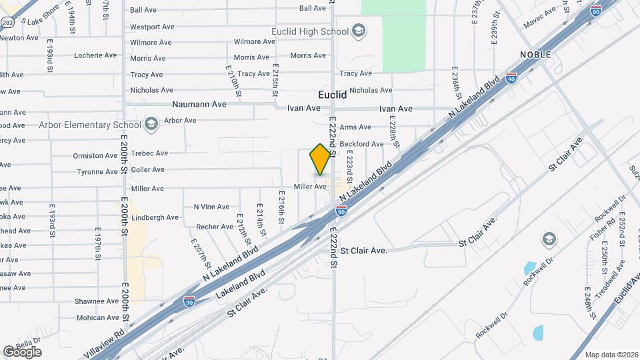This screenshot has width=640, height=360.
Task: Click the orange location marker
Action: [321, 159]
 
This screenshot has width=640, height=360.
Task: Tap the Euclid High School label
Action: [310, 31]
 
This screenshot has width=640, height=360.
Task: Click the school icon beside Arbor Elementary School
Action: [151, 124]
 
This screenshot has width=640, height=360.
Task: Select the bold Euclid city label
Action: [332, 95]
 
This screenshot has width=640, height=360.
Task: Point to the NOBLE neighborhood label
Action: [536, 54]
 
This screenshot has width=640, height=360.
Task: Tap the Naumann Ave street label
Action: [199, 104]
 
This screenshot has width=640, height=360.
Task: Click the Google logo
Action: [22, 351]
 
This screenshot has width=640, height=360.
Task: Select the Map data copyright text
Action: [611, 355]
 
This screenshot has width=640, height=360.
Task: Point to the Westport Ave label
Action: [152, 27]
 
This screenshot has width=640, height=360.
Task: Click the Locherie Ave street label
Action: [96, 55]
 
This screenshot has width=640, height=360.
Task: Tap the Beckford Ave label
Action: [361, 143]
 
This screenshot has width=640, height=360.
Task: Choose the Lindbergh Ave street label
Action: [155, 217]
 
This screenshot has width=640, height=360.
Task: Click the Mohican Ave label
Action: [97, 317]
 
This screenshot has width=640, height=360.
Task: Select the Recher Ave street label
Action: [215, 227]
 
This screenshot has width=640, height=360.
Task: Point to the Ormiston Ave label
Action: [95, 156]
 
